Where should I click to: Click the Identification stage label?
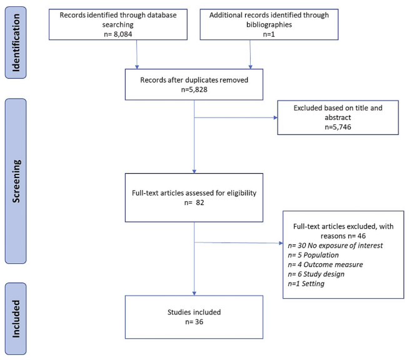pos(16,42)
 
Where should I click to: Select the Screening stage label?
pos(16,181)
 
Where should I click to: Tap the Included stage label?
pos(16,319)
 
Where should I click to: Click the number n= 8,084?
pos(118,34)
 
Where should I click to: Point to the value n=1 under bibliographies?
pos(269,34)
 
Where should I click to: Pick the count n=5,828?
pos(194,89)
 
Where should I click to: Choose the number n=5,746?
pos(338,127)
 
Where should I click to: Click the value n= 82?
pos(194,202)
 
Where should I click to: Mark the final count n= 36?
pos(194,322)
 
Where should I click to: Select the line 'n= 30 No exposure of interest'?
pos(335,246)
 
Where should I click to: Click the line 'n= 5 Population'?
pos(313,255)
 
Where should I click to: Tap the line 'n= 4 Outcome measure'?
pos(325,264)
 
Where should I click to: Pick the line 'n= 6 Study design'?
pos(316,274)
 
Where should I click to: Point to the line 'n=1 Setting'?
pos(306,284)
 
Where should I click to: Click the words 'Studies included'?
pos(194,312)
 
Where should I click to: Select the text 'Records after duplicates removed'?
pos(194,80)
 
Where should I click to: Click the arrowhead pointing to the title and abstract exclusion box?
pos(275,117)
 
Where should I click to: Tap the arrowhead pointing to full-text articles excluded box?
pos(281,243)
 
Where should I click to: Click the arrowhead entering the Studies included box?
pos(194,294)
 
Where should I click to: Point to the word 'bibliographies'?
pos(269,25)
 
